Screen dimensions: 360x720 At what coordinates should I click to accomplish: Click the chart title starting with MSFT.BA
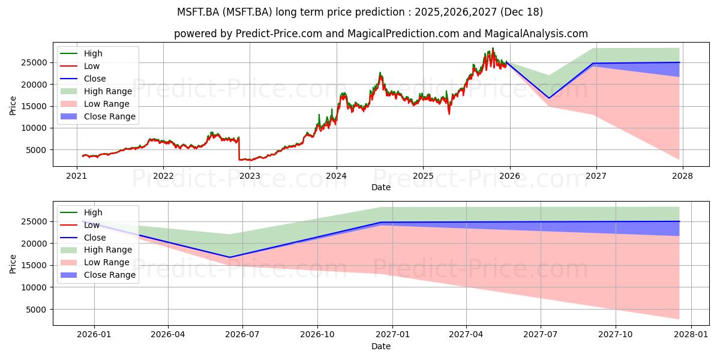360,11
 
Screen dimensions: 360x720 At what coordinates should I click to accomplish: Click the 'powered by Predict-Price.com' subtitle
381,34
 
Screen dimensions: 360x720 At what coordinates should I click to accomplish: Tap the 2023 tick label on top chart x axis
250,176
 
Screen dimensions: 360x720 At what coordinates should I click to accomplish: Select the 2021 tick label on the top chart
76,176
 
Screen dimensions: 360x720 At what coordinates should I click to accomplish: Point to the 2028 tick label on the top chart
683,176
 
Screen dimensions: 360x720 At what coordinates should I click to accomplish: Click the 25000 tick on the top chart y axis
35,62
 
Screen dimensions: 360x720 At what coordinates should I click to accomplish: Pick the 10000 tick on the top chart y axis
35,128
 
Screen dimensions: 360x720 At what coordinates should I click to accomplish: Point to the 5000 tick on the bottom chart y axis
37,310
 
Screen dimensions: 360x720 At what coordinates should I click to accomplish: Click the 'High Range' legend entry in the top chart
107,91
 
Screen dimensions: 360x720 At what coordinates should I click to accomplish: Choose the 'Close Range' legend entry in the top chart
109,116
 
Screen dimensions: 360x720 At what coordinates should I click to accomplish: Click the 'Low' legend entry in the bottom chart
92,225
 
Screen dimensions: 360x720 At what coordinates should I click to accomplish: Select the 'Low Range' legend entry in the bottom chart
107,262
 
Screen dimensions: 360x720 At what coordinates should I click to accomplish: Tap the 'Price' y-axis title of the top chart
13,104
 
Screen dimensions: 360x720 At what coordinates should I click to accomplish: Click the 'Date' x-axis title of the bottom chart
381,346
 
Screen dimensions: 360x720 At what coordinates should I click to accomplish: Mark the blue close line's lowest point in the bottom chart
230,257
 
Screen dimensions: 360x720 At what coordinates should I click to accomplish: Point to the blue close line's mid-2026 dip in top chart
548,98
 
